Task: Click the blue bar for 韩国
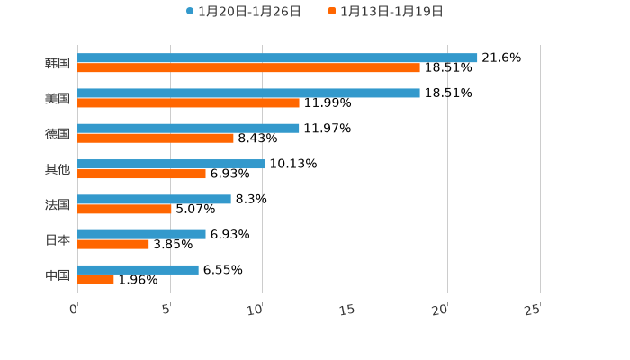coord(277,58)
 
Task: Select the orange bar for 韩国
coord(248,67)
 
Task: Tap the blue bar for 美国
coord(248,93)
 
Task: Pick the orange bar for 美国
coord(188,103)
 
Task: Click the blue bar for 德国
coord(188,128)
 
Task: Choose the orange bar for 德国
coord(156,138)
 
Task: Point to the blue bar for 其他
coord(171,164)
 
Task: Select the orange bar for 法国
coord(124,209)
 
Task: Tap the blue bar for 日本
coord(141,234)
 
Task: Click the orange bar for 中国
coord(95,279)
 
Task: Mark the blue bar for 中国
coord(138,269)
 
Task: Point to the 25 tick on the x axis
coord(533,310)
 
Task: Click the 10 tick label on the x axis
coord(256,310)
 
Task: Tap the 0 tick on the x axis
coord(74,310)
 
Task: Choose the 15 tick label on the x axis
coord(348,310)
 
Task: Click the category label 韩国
coord(58,63)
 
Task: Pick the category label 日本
coord(58,239)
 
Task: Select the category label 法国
coord(58,204)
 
